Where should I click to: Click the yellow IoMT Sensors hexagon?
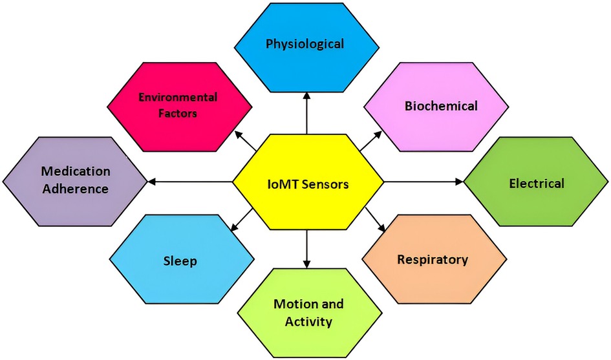click(308, 184)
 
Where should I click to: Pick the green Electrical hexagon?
click(536, 184)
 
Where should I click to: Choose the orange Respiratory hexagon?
click(433, 260)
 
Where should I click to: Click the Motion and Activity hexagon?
click(308, 312)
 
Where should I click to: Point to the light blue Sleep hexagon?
click(180, 261)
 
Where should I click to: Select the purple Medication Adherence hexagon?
click(76, 180)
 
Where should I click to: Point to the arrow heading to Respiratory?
click(376, 220)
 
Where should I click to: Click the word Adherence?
click(76, 189)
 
